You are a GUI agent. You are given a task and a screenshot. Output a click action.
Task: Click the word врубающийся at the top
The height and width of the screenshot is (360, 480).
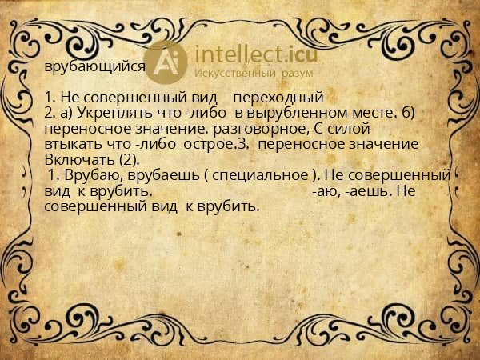(x=94, y=68)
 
